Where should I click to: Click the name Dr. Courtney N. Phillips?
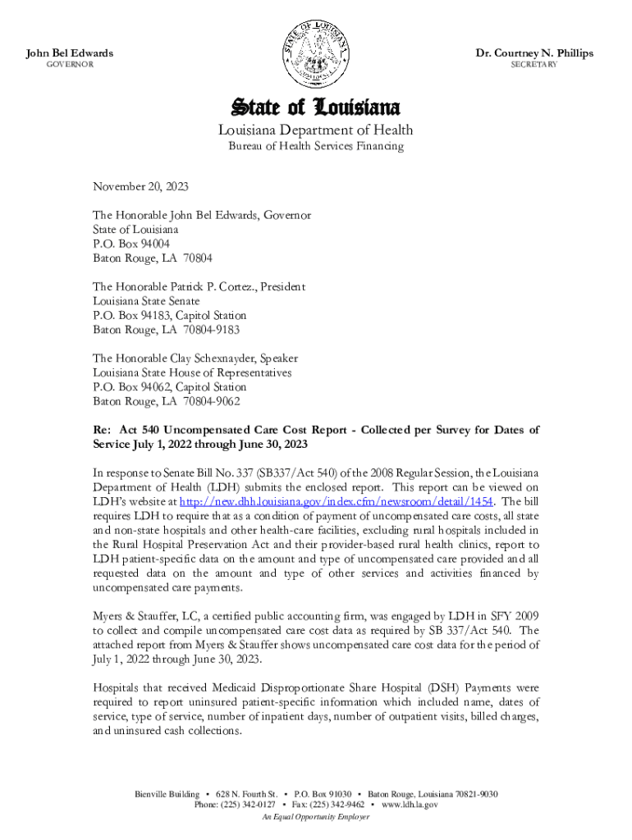(x=534, y=53)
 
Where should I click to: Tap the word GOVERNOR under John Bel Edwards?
(x=69, y=65)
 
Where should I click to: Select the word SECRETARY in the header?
(x=534, y=65)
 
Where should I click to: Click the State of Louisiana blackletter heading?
(x=315, y=107)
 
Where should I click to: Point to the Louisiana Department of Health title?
(x=315, y=130)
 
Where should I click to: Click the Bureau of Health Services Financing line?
(x=315, y=147)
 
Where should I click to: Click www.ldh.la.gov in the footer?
(x=410, y=806)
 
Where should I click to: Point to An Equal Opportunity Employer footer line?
(x=315, y=817)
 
